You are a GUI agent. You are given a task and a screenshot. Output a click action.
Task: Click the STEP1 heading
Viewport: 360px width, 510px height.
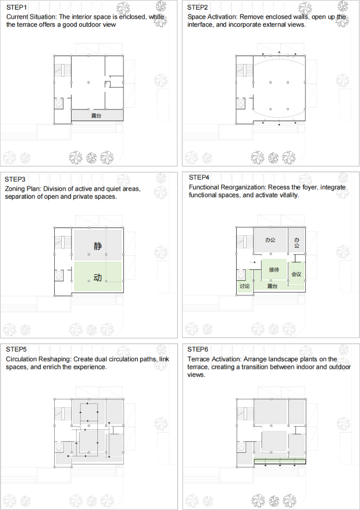(x=17, y=7)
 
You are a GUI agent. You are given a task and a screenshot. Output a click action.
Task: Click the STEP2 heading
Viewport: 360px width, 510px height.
(x=197, y=7)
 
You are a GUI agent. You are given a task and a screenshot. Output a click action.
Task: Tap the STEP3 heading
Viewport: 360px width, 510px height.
(x=14, y=179)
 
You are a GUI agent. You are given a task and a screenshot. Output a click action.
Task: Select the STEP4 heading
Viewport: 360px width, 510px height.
(x=199, y=177)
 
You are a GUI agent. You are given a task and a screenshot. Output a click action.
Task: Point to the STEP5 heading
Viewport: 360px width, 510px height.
(x=16, y=349)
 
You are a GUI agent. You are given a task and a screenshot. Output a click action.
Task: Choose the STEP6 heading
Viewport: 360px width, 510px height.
(x=197, y=349)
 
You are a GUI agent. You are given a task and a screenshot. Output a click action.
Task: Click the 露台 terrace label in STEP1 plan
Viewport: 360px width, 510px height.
(x=96, y=115)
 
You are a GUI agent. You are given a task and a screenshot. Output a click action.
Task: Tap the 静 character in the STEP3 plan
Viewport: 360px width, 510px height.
(x=97, y=246)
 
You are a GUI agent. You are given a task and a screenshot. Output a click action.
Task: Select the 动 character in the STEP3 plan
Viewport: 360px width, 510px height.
(x=97, y=278)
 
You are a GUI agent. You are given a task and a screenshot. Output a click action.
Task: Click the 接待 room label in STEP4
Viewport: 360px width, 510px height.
(x=274, y=269)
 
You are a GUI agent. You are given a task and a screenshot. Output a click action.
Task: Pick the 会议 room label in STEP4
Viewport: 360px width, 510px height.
(x=296, y=274)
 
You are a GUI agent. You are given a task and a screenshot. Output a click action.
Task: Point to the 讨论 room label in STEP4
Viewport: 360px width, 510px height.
(x=244, y=286)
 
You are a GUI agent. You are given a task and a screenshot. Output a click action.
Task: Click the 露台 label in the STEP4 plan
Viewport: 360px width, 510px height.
(x=272, y=286)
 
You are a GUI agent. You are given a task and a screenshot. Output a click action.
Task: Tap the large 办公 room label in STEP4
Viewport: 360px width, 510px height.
(x=270, y=240)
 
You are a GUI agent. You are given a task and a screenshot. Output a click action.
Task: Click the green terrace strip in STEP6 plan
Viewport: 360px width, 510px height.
(x=280, y=461)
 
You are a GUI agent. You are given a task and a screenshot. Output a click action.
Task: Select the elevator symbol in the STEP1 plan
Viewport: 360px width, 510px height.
(x=59, y=103)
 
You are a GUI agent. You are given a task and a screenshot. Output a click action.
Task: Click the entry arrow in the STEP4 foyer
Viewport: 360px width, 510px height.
(x=252, y=262)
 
